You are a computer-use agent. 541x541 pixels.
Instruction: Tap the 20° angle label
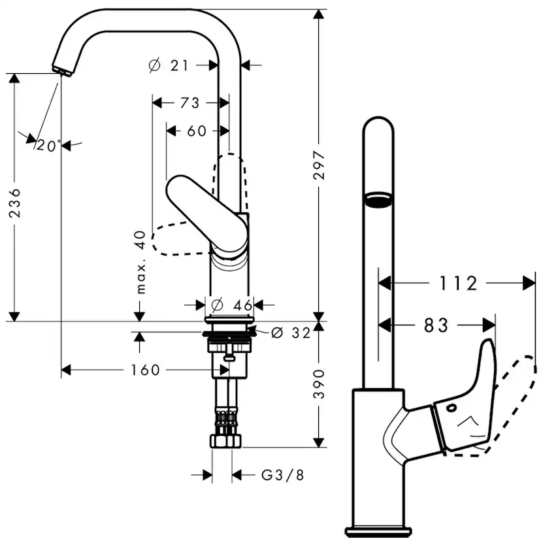click(x=48, y=146)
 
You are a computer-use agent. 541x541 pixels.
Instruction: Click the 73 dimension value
click(x=189, y=103)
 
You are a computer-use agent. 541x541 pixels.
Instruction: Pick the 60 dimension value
click(x=197, y=131)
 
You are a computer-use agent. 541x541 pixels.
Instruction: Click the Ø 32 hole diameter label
click(x=289, y=333)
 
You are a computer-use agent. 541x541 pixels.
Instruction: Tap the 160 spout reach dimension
click(x=145, y=370)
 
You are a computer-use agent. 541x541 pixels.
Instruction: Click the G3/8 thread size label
click(x=282, y=475)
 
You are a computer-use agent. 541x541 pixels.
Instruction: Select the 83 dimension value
click(x=436, y=325)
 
